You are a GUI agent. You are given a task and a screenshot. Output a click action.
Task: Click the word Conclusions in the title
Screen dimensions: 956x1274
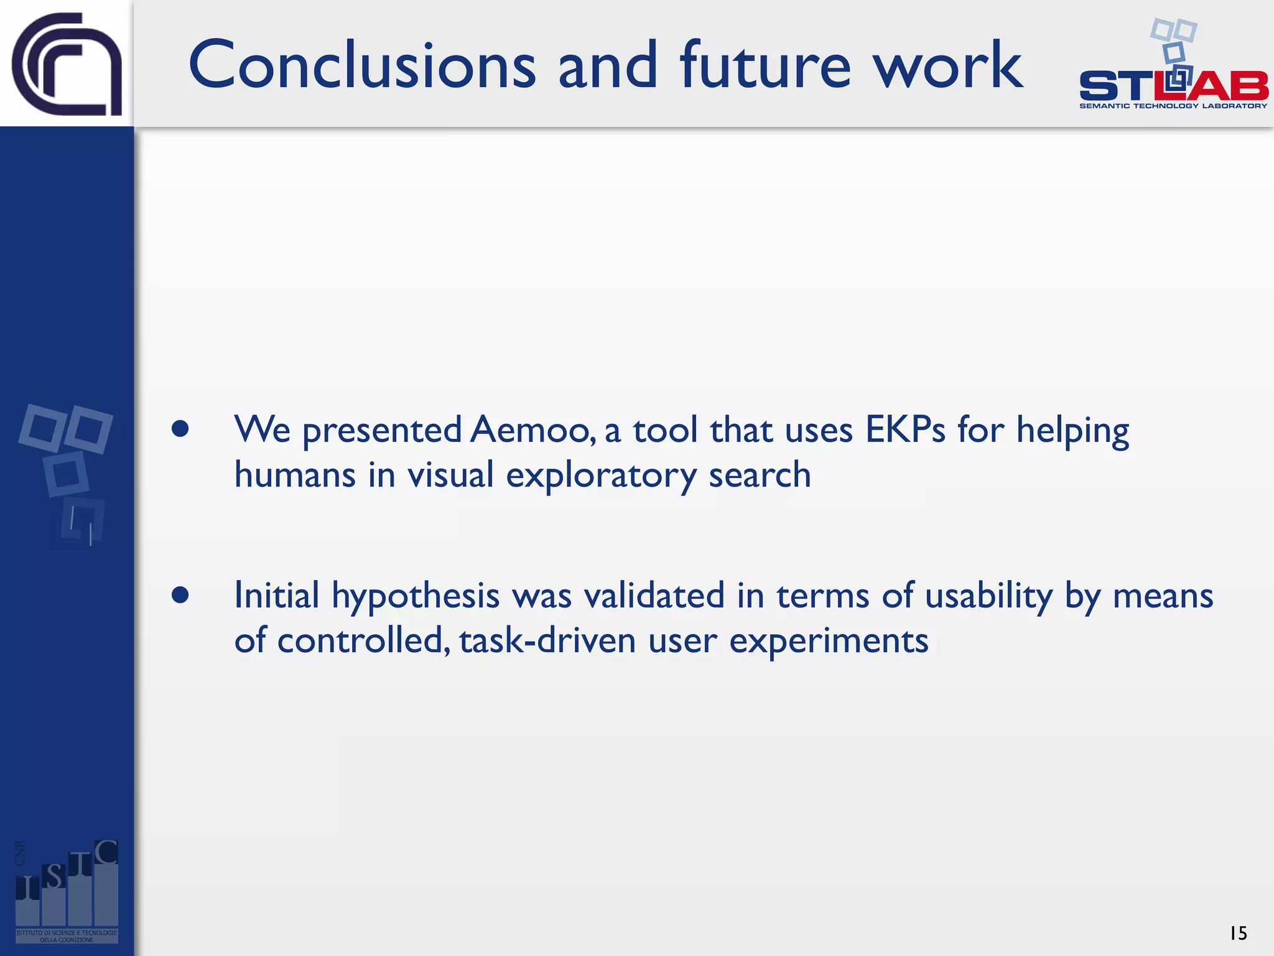tap(361, 65)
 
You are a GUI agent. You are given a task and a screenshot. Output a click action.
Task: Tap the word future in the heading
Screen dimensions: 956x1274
tap(765, 65)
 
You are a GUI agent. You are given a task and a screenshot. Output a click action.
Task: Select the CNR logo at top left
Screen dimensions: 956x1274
tap(67, 64)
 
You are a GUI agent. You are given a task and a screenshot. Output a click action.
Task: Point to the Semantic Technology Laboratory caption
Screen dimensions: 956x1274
tap(1173, 106)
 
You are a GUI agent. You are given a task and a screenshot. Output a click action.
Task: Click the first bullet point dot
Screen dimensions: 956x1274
tap(180, 429)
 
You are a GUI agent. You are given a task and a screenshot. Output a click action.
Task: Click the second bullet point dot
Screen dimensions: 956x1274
tap(180, 595)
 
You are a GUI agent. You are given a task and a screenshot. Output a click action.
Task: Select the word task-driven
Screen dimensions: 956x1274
tap(547, 641)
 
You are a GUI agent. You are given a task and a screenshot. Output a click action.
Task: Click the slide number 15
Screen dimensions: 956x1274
tap(1237, 933)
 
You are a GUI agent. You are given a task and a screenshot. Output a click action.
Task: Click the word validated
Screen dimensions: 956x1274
tap(654, 595)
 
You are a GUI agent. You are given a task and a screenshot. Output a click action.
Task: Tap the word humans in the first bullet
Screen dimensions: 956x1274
tap(295, 475)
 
